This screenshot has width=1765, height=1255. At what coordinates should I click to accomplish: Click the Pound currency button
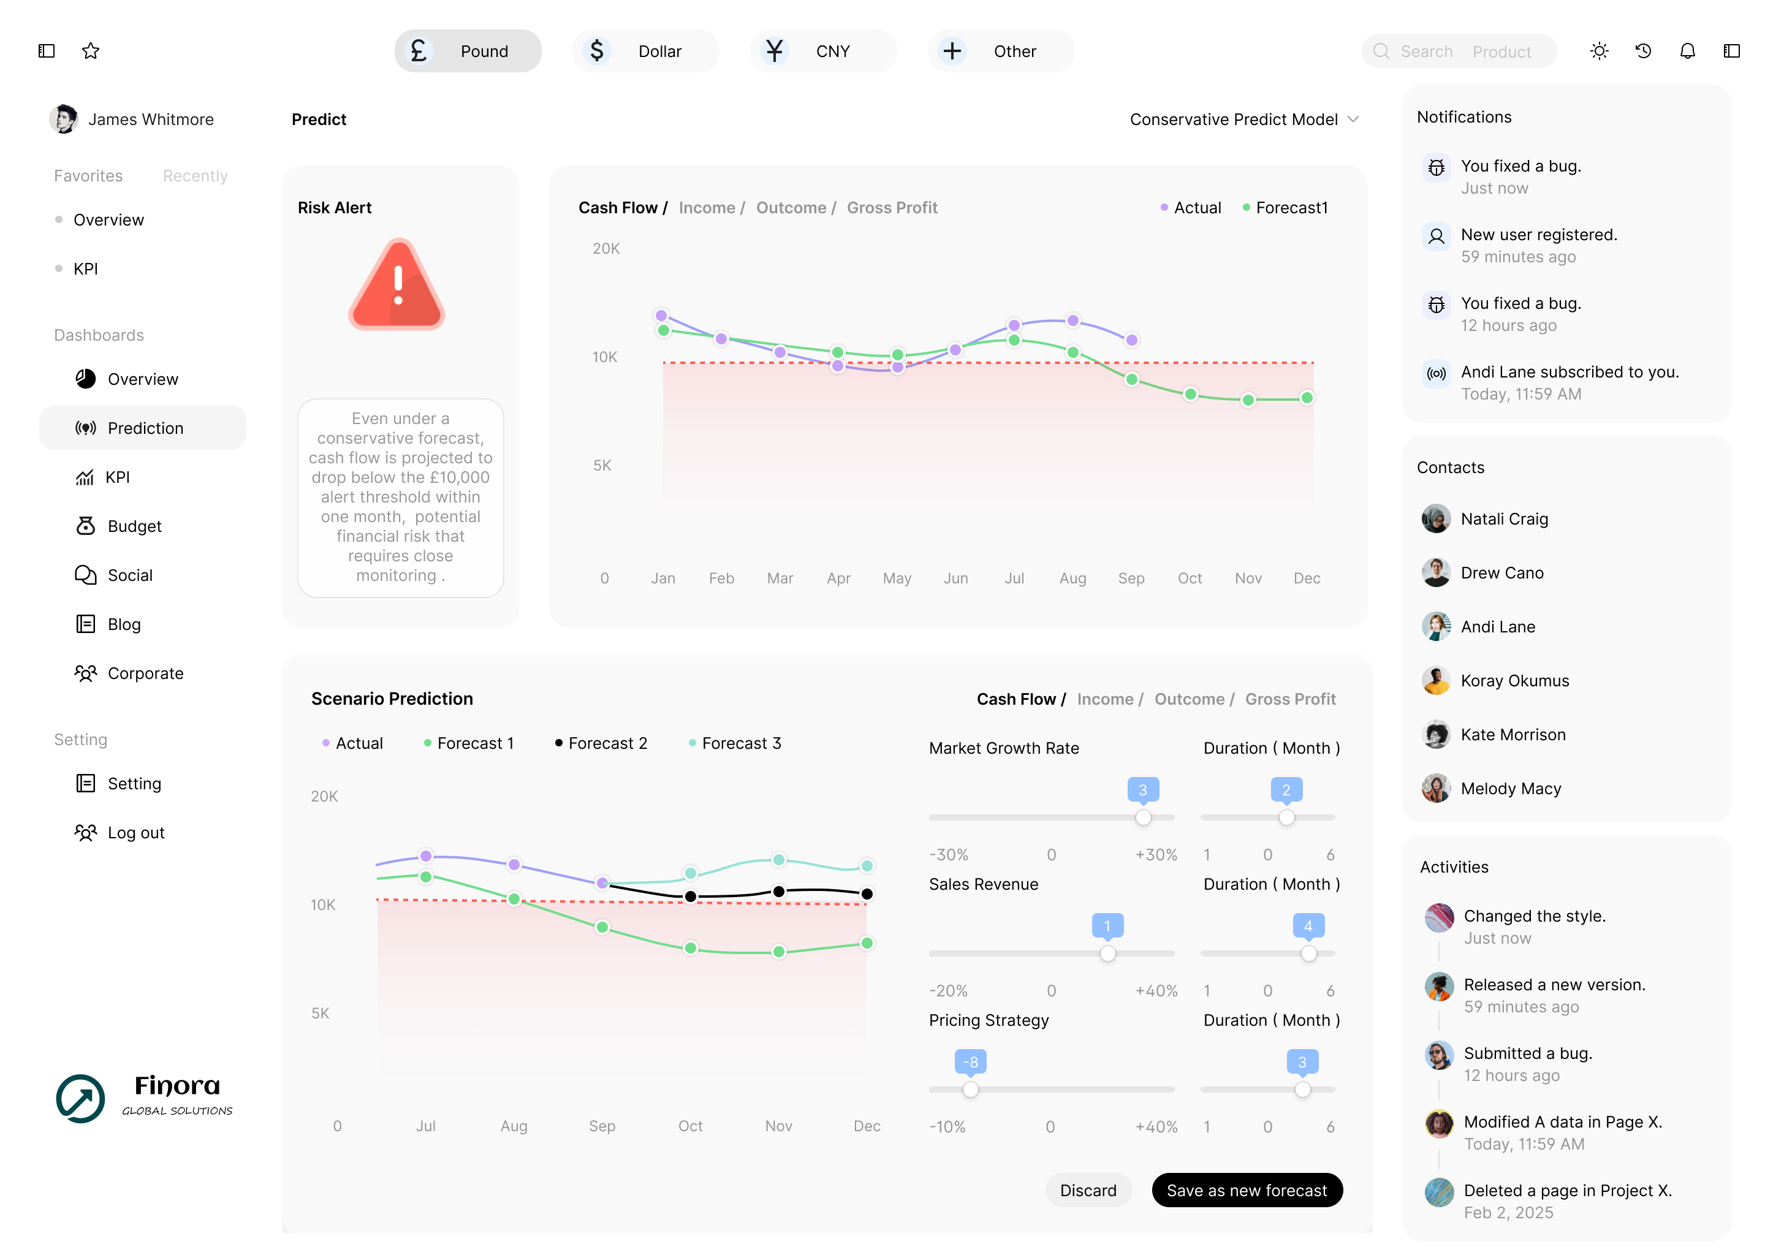click(468, 51)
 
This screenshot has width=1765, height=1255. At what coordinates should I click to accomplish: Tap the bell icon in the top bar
click(1687, 51)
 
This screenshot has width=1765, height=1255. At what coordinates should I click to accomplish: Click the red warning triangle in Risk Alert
click(397, 286)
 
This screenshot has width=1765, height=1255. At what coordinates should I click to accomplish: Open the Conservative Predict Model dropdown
click(1243, 119)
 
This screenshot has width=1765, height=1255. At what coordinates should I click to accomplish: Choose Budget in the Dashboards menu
click(134, 526)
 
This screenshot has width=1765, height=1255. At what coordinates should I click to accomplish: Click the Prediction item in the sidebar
click(145, 428)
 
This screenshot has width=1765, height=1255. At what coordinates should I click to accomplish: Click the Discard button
click(1087, 1190)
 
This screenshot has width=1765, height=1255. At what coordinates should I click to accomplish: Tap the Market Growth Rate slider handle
click(1143, 817)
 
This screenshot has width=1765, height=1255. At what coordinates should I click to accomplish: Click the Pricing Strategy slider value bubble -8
click(971, 1062)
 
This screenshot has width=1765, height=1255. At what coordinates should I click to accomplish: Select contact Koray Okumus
click(1514, 681)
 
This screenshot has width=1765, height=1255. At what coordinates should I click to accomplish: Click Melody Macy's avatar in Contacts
click(1436, 788)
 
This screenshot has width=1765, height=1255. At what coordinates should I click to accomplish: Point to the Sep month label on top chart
click(1131, 578)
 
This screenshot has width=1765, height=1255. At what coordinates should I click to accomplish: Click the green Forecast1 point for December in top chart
click(1306, 398)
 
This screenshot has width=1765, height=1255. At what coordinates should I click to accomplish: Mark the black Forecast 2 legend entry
click(601, 743)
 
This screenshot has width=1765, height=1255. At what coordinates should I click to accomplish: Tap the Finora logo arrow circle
click(80, 1098)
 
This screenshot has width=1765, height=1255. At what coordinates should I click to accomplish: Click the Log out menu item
click(135, 832)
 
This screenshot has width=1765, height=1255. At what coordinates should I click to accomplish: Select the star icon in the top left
click(91, 51)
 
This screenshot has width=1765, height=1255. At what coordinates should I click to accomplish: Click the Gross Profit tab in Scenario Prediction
click(1290, 699)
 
